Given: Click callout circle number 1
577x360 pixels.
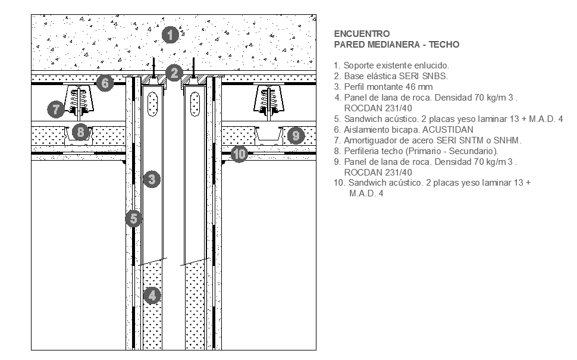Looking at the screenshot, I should pyautogui.click(x=171, y=35).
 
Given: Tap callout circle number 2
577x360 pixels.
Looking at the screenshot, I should pyautogui.click(x=174, y=73).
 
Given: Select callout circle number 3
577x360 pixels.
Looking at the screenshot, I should pyautogui.click(x=151, y=179).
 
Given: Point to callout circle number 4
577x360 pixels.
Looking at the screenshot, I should pyautogui.click(x=152, y=295).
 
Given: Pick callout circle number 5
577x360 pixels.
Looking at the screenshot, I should pyautogui.click(x=134, y=219).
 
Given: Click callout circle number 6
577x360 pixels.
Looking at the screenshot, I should pyautogui.click(x=105, y=83).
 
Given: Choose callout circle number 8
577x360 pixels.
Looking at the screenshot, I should pyautogui.click(x=81, y=132).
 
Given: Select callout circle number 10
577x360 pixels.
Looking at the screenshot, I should pyautogui.click(x=239, y=155).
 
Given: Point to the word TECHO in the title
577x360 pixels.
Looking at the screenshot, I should pyautogui.click(x=444, y=45).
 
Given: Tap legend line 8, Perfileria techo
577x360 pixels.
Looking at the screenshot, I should pyautogui.click(x=416, y=151).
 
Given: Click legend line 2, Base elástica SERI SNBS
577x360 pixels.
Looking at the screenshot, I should pyautogui.click(x=391, y=76).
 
